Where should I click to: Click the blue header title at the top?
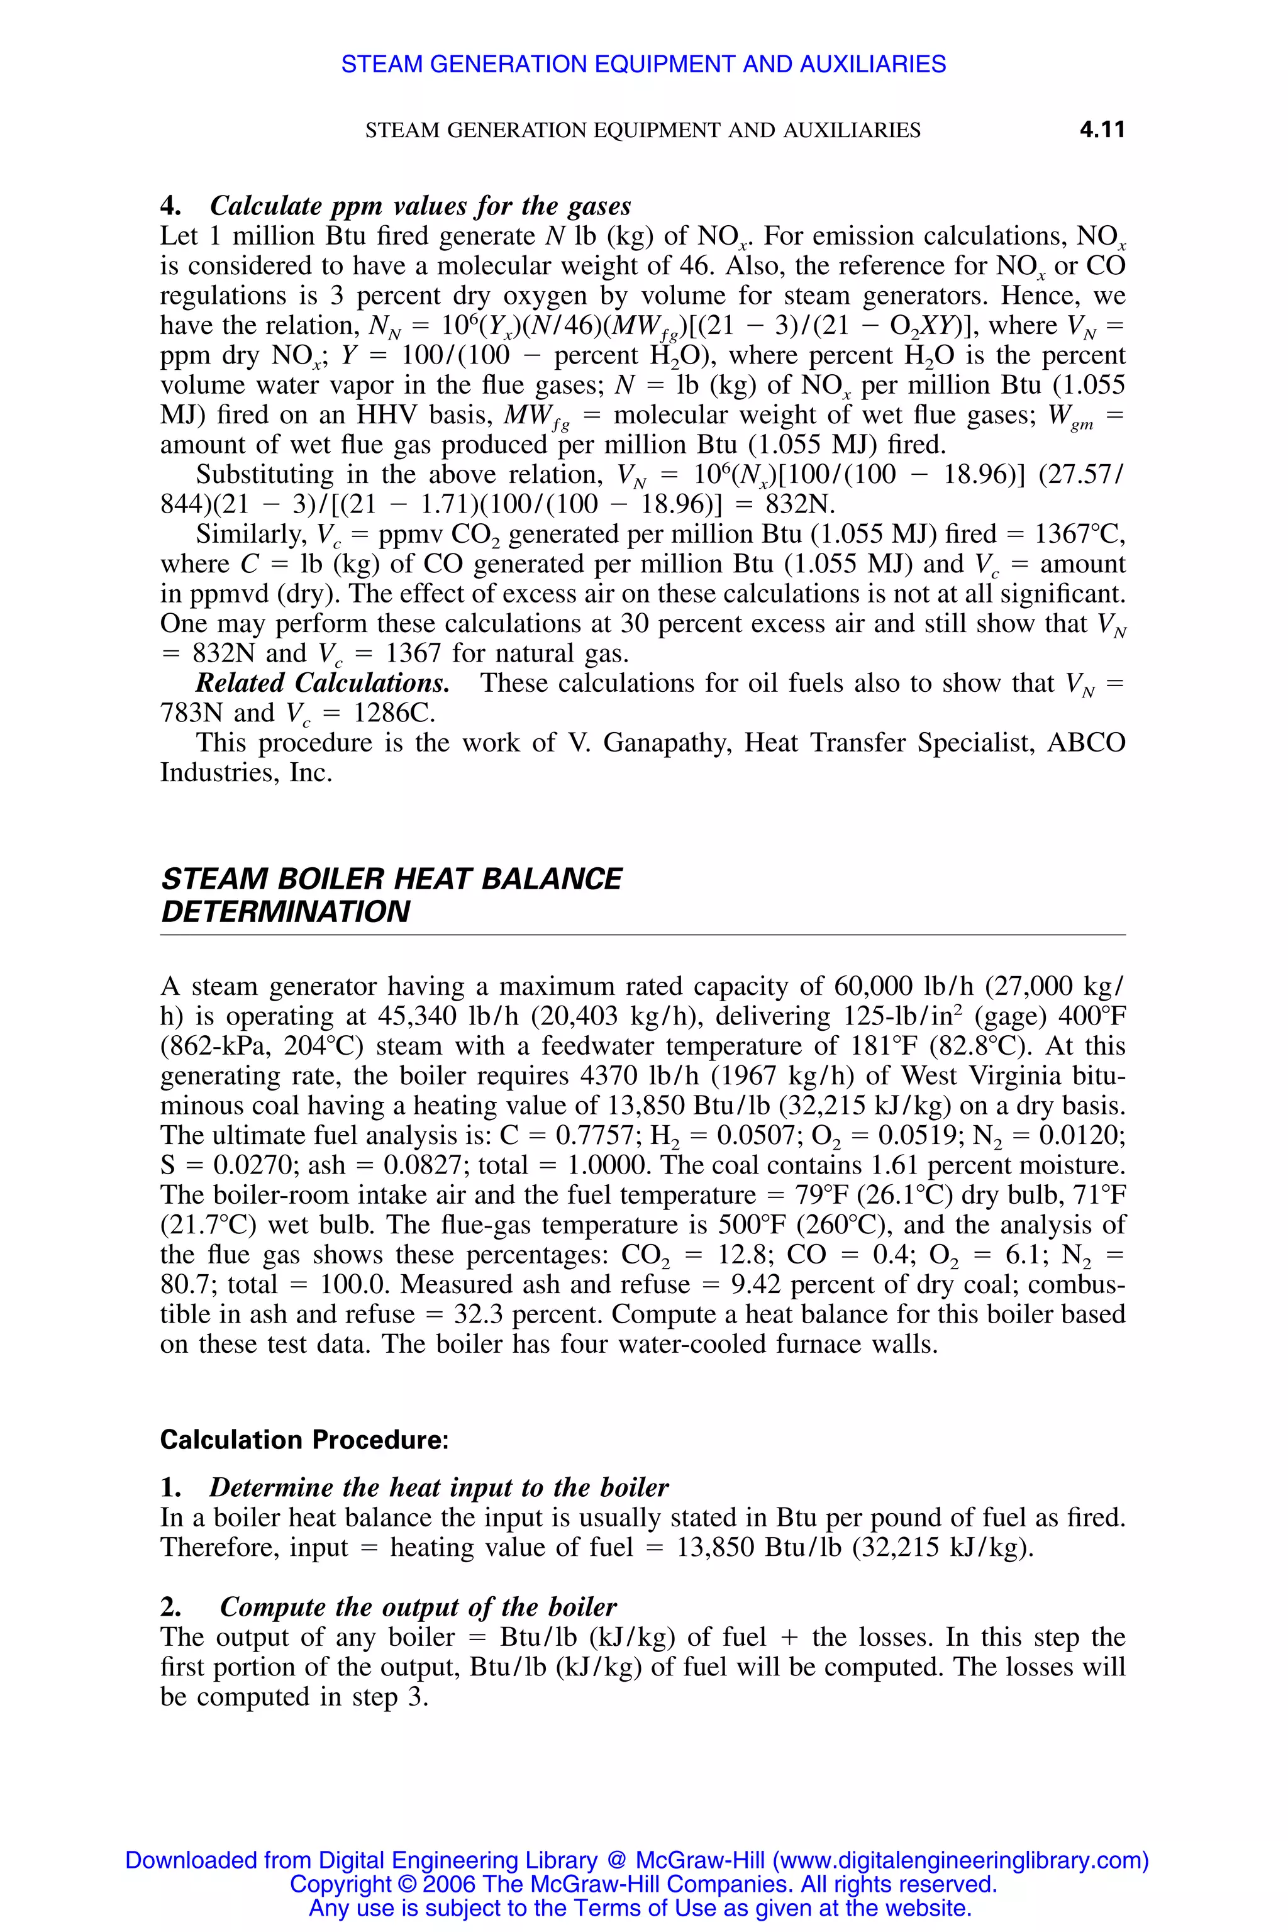[643, 64]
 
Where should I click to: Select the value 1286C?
[394, 713]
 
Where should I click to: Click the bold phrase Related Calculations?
[322, 684]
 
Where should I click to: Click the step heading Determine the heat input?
[438, 1487]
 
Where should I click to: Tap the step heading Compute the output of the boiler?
[418, 1607]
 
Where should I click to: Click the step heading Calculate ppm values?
[419, 206]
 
